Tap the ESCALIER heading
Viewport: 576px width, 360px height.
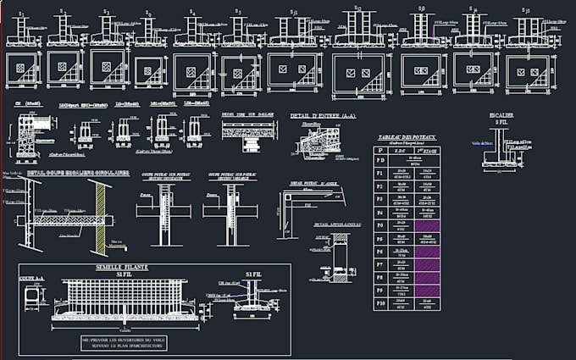501,114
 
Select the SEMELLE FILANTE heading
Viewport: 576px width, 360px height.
122,267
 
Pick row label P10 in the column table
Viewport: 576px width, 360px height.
380,302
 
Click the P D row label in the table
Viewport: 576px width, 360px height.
380,159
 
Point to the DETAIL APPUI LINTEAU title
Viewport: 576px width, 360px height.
337,224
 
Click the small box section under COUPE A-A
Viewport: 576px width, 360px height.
33,296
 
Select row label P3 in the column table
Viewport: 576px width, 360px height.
380,199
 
